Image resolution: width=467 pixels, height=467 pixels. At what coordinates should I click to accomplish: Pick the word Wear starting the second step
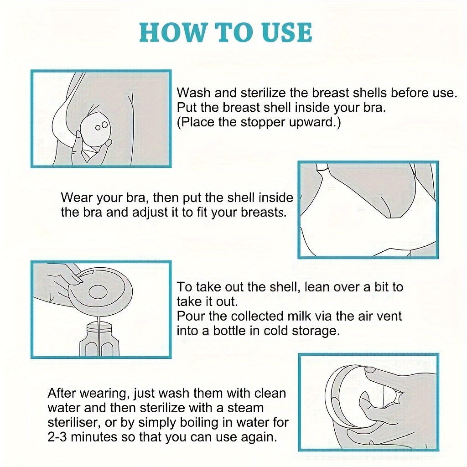coord(75,198)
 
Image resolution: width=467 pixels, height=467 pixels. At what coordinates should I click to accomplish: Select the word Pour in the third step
coord(189,316)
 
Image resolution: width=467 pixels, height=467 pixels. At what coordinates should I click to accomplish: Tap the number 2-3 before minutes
coord(59,436)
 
